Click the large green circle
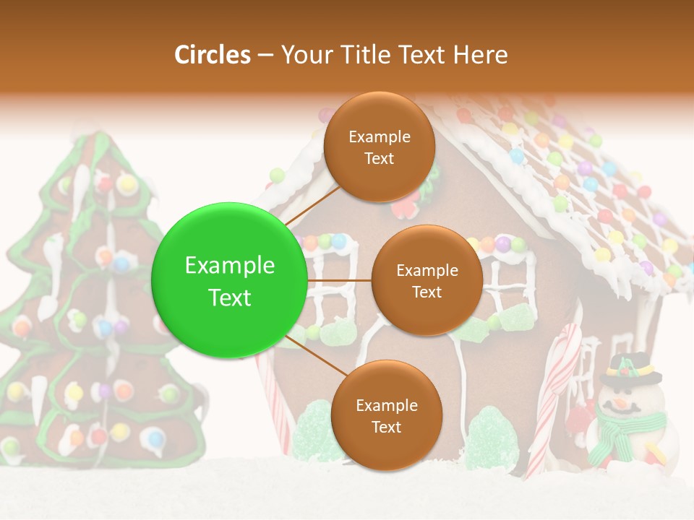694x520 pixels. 229,280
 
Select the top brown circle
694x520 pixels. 379,147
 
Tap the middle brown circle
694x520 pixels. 427,280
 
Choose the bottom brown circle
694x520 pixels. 386,415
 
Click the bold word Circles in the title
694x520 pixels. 213,55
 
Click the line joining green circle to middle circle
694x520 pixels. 339,280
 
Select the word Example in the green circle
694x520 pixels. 229,266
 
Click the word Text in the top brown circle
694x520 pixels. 379,158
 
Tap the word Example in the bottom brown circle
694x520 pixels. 386,405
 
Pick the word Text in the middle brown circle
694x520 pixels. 427,292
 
